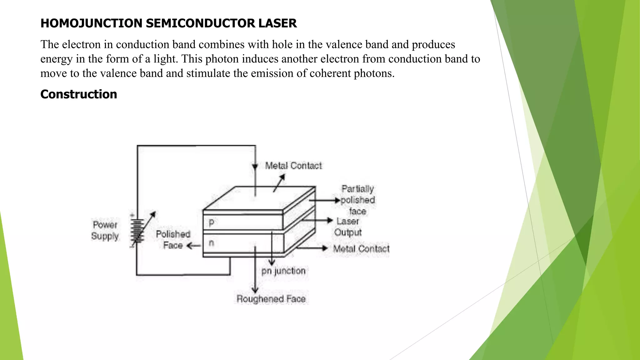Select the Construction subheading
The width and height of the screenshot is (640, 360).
(79, 94)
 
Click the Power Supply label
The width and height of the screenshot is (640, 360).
(105, 230)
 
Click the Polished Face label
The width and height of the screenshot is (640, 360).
(173, 240)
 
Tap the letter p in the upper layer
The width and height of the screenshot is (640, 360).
(212, 223)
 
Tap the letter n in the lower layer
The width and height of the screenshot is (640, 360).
(212, 242)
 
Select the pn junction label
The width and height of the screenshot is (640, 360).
(283, 271)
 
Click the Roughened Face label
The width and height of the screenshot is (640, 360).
(271, 299)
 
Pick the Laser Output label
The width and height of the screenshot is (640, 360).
(348, 227)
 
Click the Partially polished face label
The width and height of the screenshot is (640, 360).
(357, 200)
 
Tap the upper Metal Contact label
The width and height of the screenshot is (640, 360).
(293, 166)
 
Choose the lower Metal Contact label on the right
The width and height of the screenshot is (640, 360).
(361, 249)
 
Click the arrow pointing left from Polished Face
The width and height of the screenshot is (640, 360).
(193, 246)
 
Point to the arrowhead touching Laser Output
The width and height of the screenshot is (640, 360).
(330, 220)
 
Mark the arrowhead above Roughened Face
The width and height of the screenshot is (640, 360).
(255, 290)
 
